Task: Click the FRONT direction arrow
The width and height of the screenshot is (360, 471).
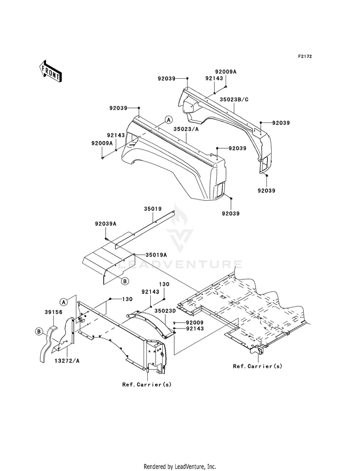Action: point(50,71)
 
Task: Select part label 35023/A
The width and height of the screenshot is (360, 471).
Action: point(186,130)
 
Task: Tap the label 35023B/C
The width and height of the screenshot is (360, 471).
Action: point(234,100)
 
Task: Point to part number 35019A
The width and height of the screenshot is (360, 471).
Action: point(156,255)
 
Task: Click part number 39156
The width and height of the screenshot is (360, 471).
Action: point(53,312)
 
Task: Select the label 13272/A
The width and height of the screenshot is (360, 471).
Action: point(67,361)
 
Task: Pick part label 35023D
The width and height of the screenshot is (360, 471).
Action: point(165,310)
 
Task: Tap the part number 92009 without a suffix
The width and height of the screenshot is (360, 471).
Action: point(195,322)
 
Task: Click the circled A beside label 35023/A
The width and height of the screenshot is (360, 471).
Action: point(169,120)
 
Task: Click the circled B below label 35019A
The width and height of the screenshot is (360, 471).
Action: point(125,281)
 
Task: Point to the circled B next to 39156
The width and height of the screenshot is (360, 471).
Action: point(38,332)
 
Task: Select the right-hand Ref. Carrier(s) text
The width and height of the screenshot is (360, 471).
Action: point(258,366)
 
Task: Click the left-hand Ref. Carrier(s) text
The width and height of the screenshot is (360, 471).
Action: point(147,385)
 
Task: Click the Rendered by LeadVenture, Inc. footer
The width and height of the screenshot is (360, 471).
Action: point(180,467)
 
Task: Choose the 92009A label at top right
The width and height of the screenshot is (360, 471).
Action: point(226,72)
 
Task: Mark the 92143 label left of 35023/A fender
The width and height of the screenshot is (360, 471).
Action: point(116,135)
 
